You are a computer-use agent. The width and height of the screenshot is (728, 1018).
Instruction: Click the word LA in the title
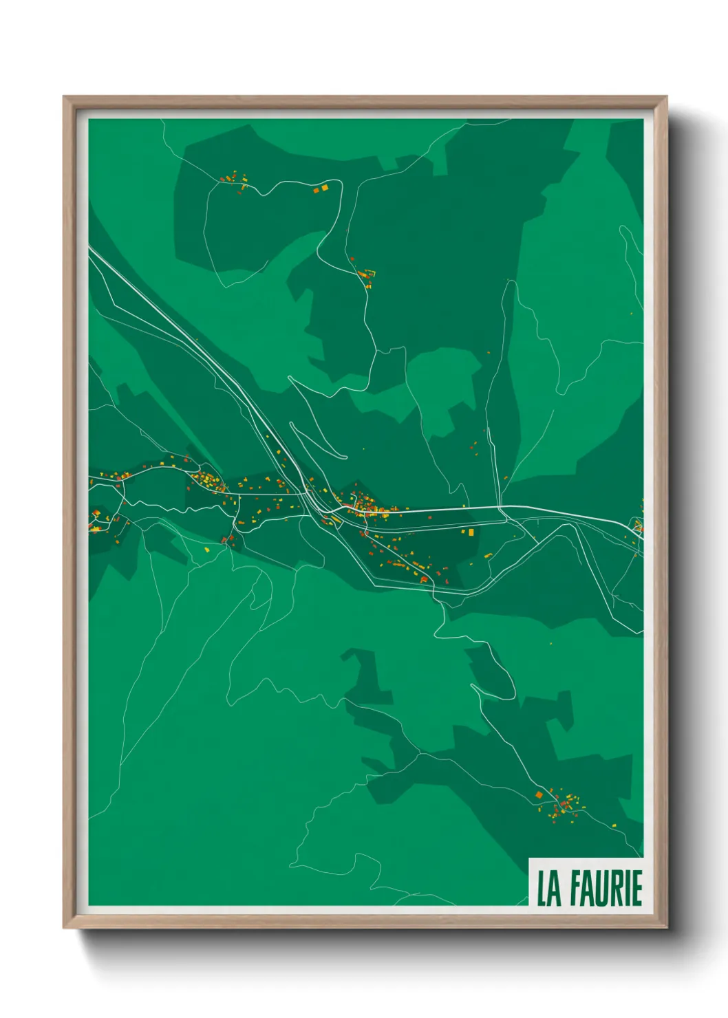548,889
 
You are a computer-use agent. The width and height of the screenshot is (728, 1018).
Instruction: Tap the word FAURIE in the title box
606,889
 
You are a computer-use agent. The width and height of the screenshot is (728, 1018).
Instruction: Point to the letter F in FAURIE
575,889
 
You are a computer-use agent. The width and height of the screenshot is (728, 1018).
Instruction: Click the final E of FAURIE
636,889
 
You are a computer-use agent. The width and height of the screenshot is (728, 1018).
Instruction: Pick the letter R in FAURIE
617,889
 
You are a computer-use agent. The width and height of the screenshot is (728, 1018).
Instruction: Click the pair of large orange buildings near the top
321,188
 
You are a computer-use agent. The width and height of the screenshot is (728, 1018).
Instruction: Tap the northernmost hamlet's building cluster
235,180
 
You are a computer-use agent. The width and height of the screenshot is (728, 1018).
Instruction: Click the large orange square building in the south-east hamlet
539,795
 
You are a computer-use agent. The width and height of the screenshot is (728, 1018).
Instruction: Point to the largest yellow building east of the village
471,532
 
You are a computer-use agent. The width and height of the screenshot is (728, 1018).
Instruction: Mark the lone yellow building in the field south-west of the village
207,550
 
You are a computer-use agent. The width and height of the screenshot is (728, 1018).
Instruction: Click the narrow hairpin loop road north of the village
317,440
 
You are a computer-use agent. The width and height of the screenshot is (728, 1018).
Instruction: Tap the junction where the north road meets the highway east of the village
502,508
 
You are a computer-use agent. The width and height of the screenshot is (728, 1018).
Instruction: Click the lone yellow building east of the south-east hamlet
614,825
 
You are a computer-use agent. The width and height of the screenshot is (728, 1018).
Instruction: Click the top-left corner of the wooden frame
65,98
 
